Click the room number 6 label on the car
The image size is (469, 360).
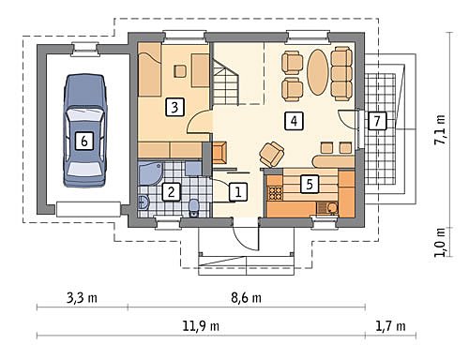(84, 141)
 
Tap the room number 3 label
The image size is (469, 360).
(174, 107)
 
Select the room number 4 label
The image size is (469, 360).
(294, 121)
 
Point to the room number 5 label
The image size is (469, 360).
(310, 184)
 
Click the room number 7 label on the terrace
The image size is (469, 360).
(377, 120)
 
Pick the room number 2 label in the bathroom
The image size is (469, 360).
(172, 191)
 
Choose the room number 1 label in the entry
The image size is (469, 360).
(238, 191)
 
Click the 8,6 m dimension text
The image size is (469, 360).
(246, 298)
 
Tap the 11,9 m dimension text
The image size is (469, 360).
(201, 326)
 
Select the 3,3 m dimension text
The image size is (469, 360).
(83, 298)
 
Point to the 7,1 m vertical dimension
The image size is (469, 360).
(440, 129)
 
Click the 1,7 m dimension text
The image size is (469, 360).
(390, 326)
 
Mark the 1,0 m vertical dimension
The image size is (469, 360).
(440, 242)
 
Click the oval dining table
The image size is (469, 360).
(317, 72)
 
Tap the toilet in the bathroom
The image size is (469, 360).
(194, 208)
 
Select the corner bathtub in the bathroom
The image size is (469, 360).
(149, 172)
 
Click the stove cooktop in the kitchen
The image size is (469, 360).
(276, 193)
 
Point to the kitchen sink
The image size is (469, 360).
(327, 208)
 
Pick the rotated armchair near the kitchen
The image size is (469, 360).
(271, 154)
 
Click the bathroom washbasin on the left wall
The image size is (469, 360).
(144, 202)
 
